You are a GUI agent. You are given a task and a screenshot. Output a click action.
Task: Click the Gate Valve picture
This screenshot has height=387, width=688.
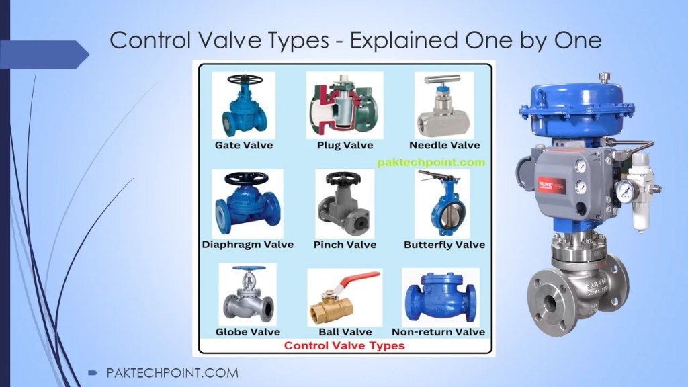tap(244, 104)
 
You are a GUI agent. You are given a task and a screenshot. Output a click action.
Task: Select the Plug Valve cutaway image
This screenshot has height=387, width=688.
tap(344, 104)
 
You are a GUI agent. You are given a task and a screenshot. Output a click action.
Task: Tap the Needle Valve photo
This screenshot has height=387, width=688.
tap(444, 104)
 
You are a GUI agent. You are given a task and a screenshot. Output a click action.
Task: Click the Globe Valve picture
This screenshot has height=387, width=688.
tap(247, 295)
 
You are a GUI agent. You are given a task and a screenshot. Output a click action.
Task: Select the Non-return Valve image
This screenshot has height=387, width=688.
tap(440, 296)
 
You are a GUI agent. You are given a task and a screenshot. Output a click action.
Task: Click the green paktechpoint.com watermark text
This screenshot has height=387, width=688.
tap(431, 162)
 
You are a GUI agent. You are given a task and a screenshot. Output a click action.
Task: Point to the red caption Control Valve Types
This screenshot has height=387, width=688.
tap(344, 346)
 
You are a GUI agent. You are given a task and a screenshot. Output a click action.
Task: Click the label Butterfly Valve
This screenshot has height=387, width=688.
tap(444, 245)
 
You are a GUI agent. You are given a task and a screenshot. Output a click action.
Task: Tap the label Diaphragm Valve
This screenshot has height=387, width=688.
tap(248, 245)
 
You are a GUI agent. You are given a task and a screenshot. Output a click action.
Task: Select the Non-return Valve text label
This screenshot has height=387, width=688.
tap(438, 331)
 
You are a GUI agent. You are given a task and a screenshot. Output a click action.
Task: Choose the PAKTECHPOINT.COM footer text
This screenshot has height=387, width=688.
tap(172, 373)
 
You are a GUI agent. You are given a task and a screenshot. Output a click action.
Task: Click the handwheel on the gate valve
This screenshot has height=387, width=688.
tap(244, 80)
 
